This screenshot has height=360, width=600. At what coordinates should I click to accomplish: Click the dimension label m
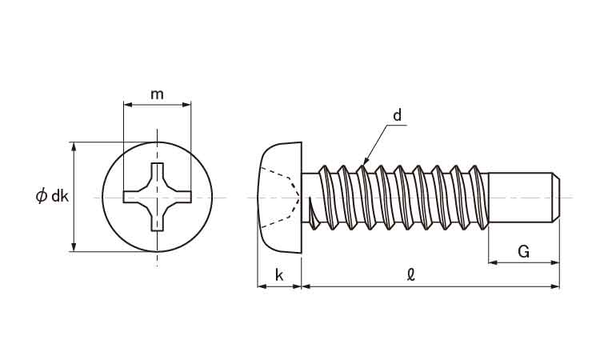point(157,94)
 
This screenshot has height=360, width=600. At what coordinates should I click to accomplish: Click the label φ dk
point(52,196)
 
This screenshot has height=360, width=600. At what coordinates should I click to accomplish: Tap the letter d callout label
point(398,114)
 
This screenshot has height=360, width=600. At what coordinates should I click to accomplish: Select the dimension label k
point(279,274)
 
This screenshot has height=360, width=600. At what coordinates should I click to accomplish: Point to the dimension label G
point(523,252)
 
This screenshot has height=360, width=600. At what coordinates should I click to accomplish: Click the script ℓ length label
point(411,274)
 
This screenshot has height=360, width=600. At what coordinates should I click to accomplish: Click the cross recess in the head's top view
point(157,197)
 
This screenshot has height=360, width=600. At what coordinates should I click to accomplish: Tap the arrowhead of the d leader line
point(365,162)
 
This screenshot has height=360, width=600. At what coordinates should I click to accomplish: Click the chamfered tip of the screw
point(556,198)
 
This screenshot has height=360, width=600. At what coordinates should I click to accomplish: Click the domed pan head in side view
point(279,198)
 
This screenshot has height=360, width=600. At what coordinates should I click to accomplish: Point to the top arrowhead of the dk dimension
point(74,147)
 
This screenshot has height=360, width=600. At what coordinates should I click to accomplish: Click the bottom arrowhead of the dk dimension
point(74,246)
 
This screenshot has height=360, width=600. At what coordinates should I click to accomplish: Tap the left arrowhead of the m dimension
point(128,105)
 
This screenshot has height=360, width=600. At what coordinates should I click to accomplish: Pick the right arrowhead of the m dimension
point(186,105)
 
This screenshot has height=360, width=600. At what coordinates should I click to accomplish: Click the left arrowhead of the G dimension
point(494,262)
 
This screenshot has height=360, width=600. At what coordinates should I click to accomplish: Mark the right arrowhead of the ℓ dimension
point(554,286)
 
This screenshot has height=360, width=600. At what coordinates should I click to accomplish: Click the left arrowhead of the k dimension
point(262,286)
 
